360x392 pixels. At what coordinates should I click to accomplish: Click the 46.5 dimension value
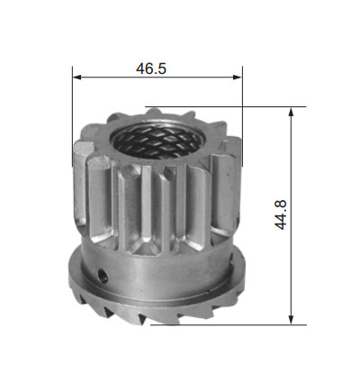click(x=151, y=68)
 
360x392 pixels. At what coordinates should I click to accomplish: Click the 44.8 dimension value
click(x=281, y=215)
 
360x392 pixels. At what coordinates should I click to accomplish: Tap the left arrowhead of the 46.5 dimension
click(x=77, y=77)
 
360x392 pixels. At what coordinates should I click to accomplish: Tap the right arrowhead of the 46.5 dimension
click(x=238, y=77)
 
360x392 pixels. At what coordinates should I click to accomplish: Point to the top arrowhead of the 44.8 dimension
click(x=291, y=113)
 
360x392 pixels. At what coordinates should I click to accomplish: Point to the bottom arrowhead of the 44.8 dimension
click(x=291, y=319)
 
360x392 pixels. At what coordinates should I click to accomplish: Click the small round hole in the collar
click(x=103, y=275)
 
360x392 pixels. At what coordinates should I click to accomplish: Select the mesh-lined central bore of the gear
click(x=156, y=139)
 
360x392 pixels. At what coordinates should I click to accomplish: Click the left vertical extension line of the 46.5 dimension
click(x=73, y=116)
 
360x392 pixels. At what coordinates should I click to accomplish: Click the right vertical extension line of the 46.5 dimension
click(x=242, y=116)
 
